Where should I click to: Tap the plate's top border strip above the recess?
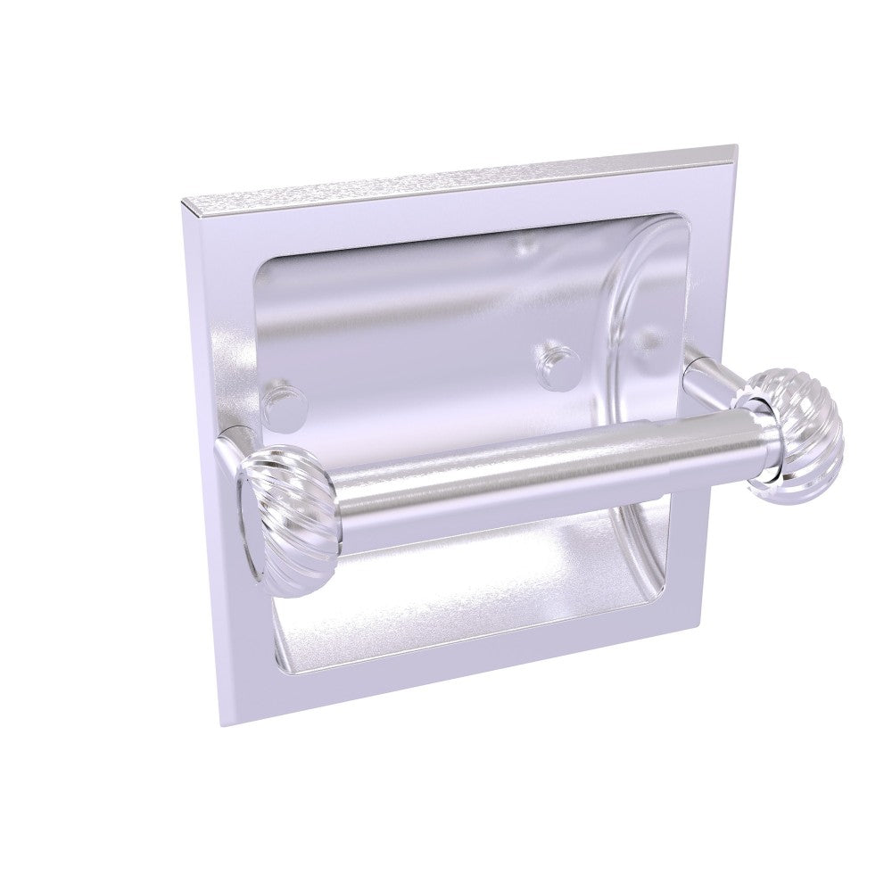pos(446,214)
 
